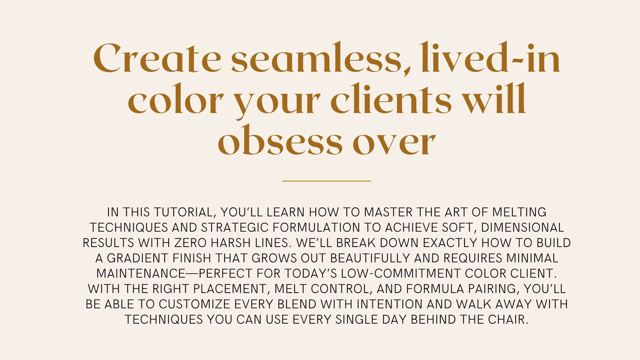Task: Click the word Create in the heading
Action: point(157,58)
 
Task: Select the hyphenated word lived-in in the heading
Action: point(490,57)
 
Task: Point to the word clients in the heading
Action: point(391,98)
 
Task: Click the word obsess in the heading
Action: point(280,140)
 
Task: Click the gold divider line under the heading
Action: point(326,181)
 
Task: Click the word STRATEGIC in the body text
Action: point(235,228)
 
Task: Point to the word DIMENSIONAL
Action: point(523,228)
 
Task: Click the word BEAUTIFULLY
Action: point(370,258)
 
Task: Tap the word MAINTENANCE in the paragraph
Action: point(141,273)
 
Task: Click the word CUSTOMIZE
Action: point(194,304)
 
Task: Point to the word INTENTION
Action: point(390,304)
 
